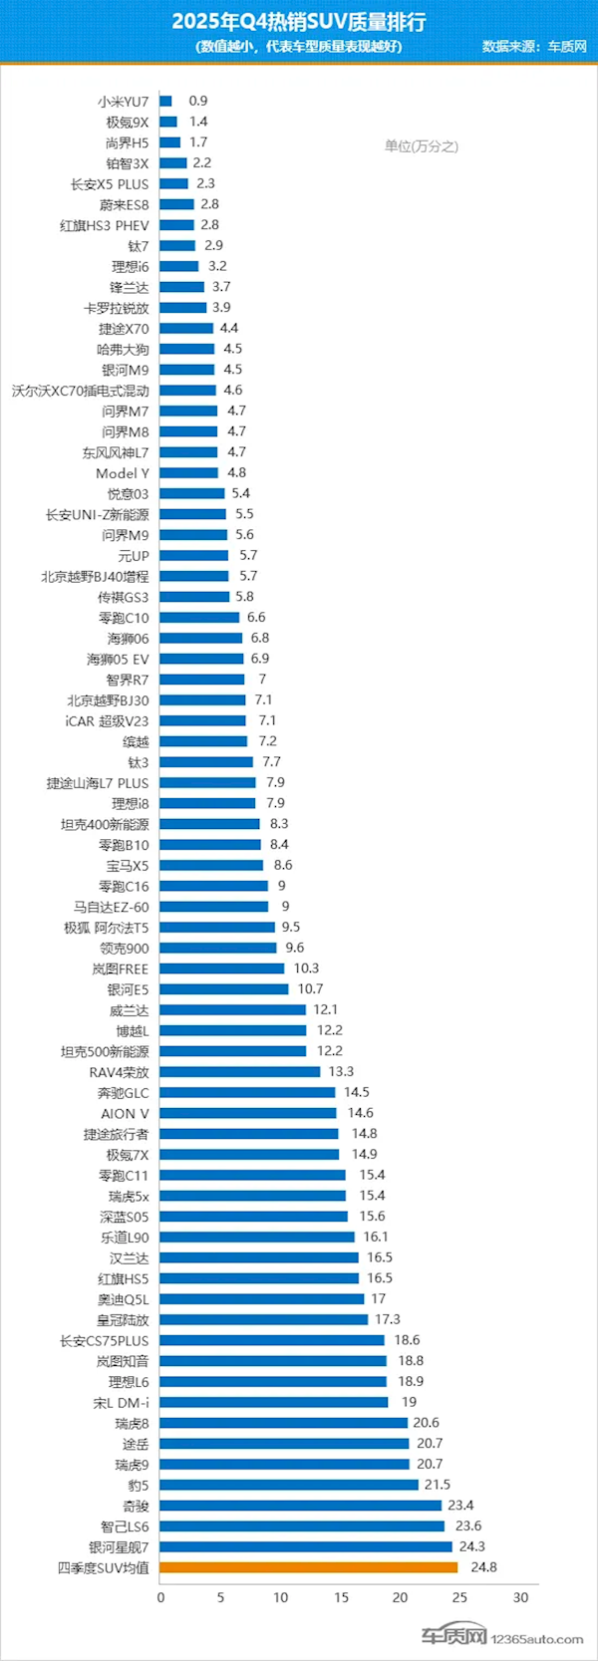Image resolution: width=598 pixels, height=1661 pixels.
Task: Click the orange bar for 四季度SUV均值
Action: (x=309, y=1567)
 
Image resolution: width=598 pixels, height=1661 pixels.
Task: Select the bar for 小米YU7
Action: (x=165, y=101)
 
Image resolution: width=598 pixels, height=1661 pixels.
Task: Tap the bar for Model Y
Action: (x=188, y=473)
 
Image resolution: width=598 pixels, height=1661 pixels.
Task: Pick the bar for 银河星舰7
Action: (x=306, y=1547)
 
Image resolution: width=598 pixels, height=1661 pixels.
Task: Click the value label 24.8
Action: (x=483, y=1567)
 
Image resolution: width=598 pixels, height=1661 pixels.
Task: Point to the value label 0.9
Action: (x=198, y=101)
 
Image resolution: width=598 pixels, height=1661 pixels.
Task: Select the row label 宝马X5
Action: (x=128, y=866)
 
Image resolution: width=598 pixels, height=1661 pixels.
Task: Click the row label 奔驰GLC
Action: (x=123, y=1093)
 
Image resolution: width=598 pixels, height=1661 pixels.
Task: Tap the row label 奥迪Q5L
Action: (x=123, y=1299)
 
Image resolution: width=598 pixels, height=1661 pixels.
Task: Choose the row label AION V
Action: (x=125, y=1114)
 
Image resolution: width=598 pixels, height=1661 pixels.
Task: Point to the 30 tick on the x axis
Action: (x=520, y=1597)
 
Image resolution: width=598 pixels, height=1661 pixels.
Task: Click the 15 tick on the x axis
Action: (x=341, y=1597)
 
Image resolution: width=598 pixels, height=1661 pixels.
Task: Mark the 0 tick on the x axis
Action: (x=161, y=1597)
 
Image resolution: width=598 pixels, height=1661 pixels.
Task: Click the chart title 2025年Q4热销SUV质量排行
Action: (x=300, y=22)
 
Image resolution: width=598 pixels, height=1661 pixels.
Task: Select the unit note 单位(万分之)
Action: (x=422, y=146)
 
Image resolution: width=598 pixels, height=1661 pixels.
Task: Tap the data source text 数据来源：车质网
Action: (x=534, y=47)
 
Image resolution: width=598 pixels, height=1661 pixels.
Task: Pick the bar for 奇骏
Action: (x=301, y=1506)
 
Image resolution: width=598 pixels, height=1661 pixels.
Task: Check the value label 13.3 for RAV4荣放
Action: (x=341, y=1072)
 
